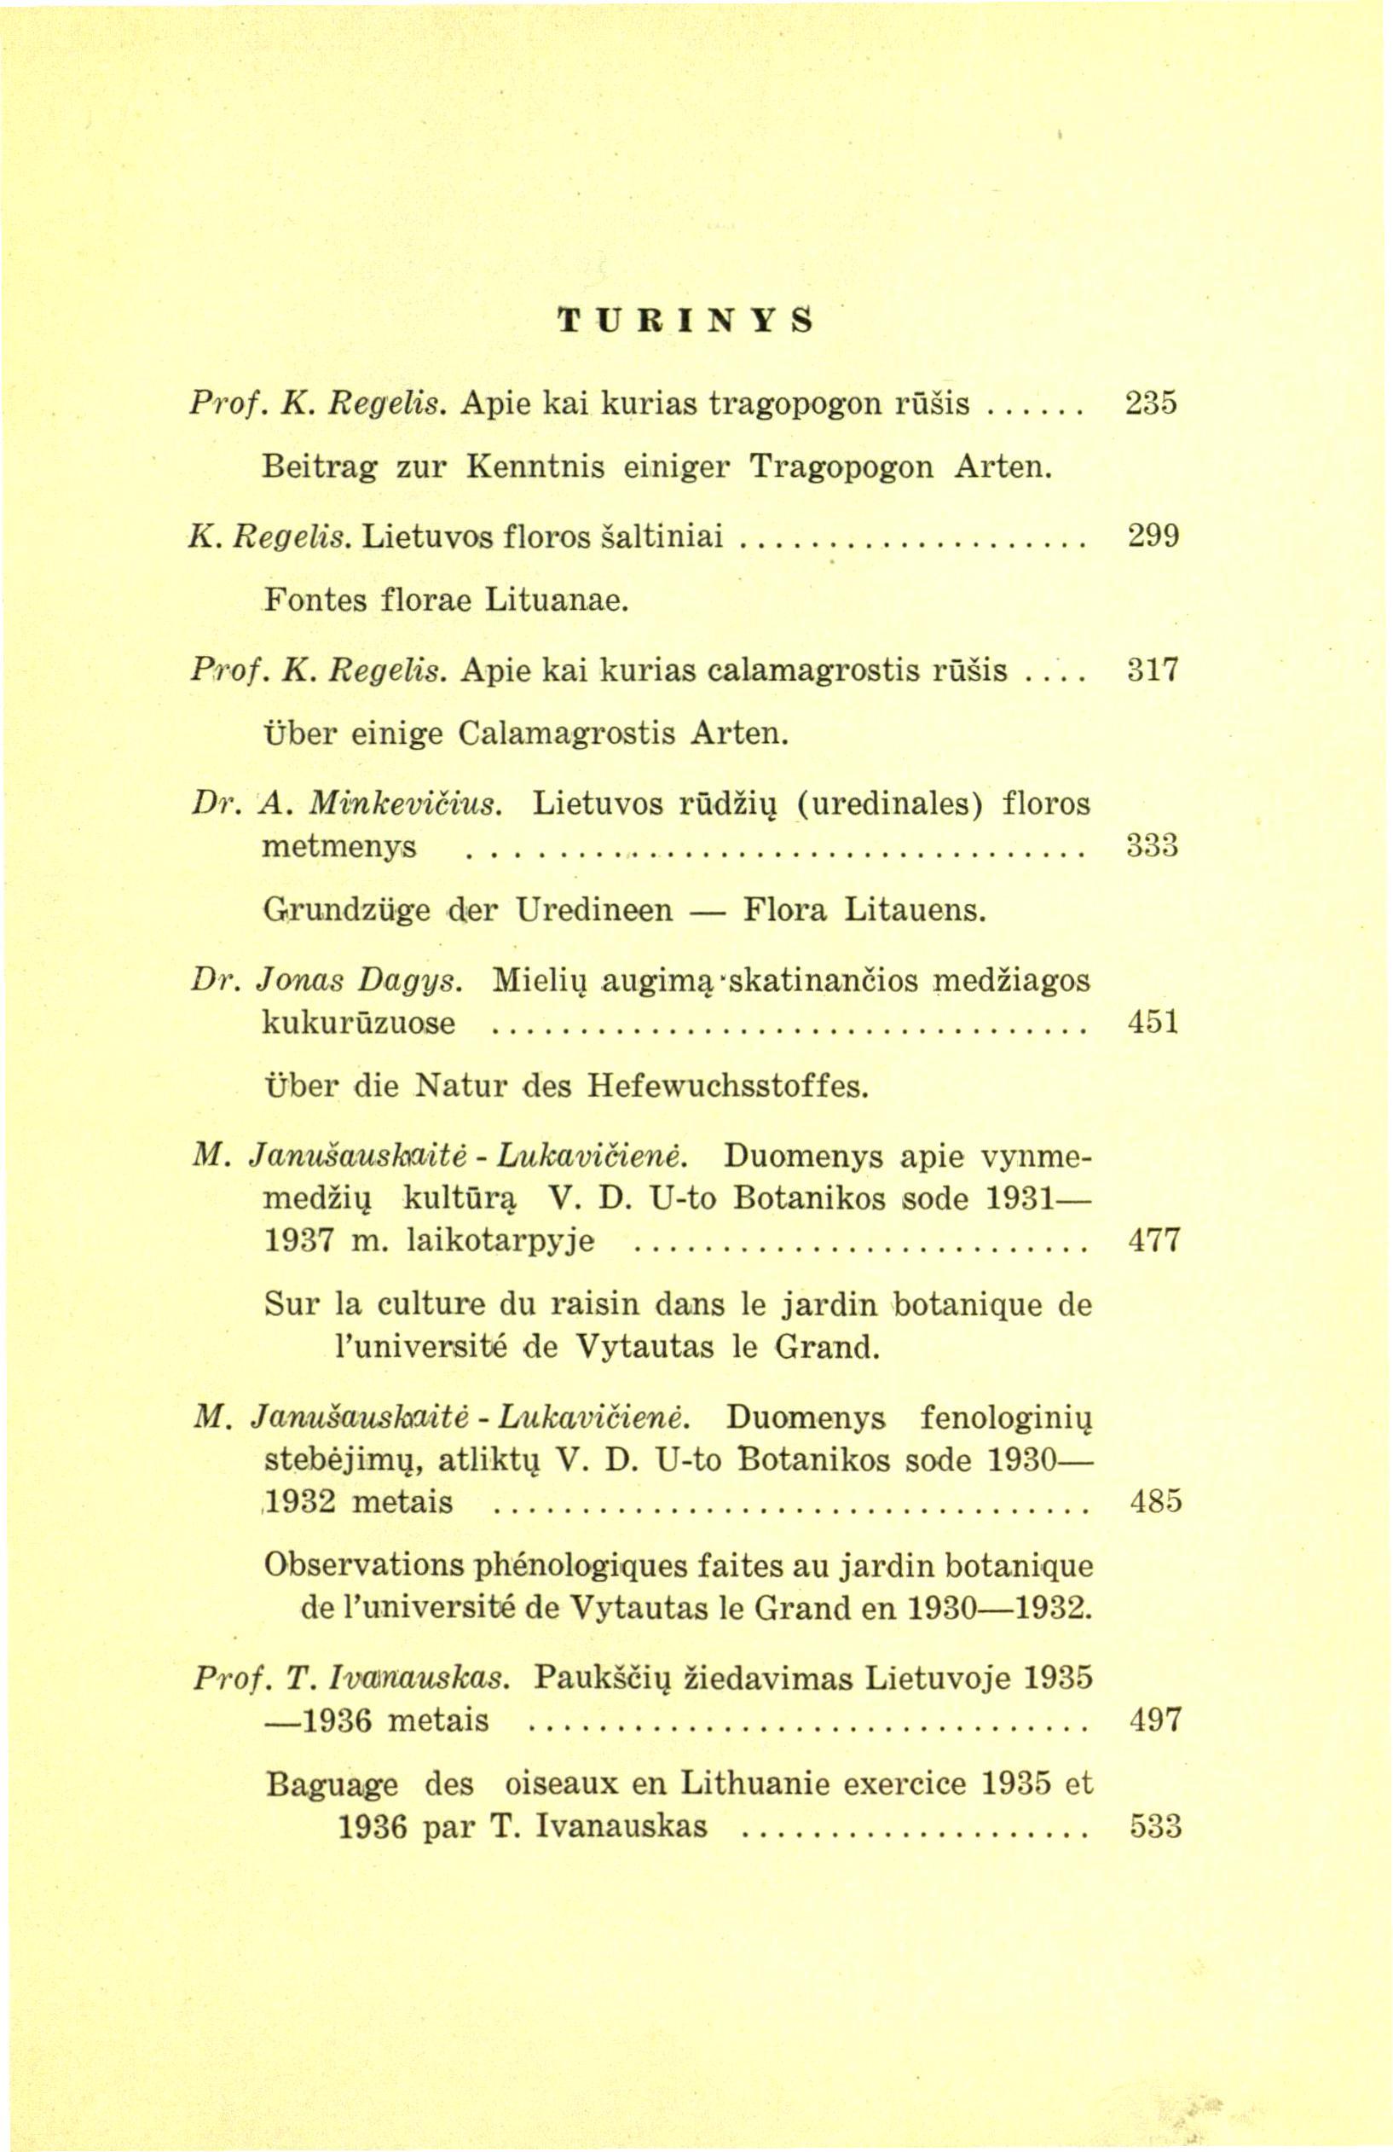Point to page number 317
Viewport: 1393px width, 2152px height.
1153,671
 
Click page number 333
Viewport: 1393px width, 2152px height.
1153,847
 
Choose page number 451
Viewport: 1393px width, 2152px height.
1153,1023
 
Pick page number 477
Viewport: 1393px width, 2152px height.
1154,1239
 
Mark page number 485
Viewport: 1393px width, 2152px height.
1155,1502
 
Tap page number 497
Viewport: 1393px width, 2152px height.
1155,1719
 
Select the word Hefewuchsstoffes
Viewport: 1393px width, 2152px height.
728,1084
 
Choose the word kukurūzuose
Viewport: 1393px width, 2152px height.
359,1024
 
